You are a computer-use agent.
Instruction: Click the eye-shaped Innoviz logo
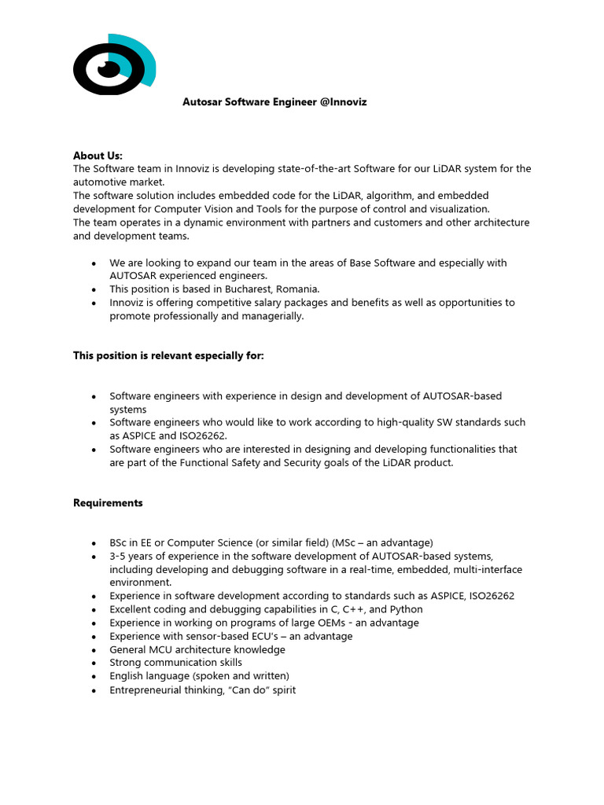(113, 65)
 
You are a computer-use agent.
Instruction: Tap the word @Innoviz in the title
(344, 102)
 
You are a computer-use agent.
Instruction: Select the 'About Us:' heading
(98, 156)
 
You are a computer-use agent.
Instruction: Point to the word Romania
(297, 289)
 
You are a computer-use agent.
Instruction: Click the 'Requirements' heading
(108, 502)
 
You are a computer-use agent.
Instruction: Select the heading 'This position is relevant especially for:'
(168, 356)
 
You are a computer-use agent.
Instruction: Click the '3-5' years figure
(120, 556)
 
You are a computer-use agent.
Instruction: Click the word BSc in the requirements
(120, 542)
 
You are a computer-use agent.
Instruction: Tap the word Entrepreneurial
(150, 689)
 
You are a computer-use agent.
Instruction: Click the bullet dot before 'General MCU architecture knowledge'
(94, 650)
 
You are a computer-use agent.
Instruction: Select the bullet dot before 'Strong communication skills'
(94, 663)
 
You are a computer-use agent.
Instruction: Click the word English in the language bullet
(127, 676)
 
